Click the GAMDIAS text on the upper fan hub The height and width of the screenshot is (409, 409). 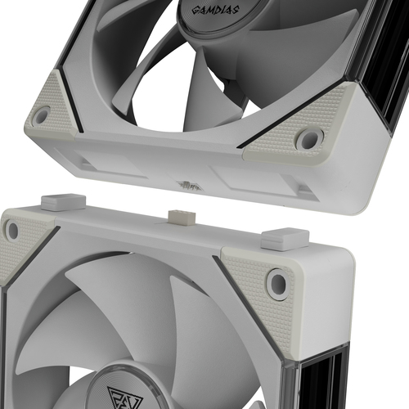point(215,11)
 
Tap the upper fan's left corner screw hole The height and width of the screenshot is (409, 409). point(41,115)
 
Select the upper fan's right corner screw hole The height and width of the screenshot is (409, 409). point(310,139)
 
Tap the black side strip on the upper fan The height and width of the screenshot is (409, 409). point(384,63)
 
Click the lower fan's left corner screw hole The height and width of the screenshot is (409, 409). point(12,231)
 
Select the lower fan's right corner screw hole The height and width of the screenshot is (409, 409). point(277,284)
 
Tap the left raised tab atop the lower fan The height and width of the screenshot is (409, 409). point(63,202)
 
